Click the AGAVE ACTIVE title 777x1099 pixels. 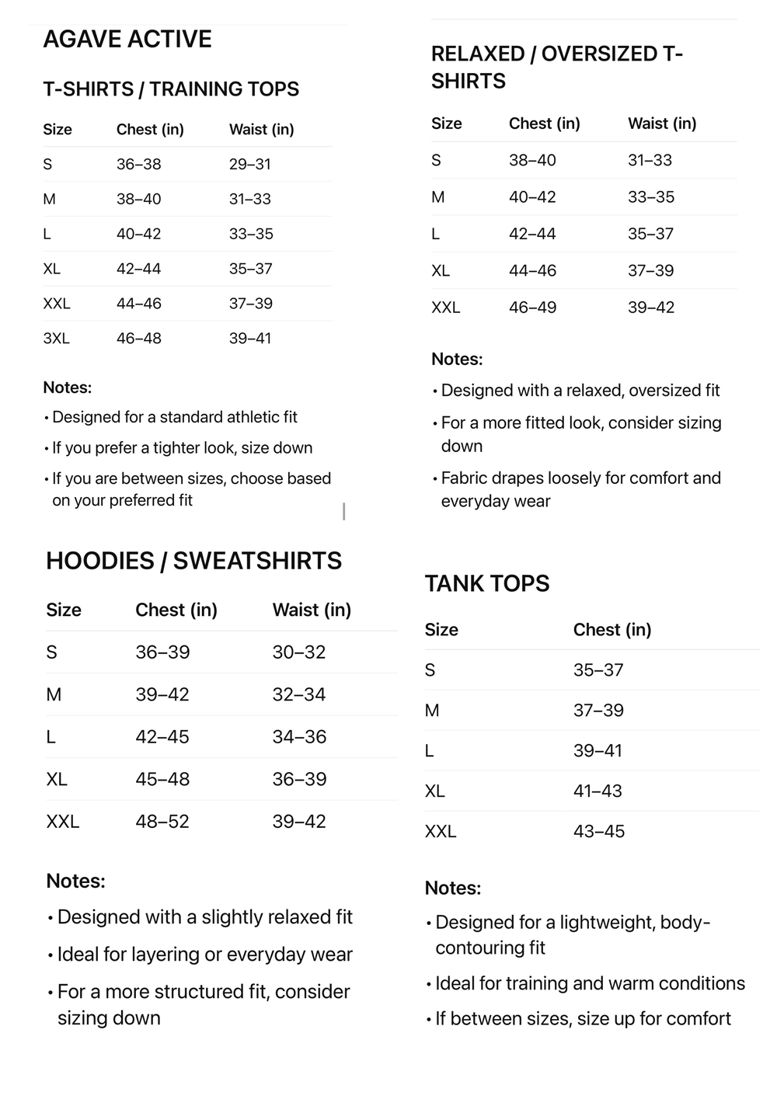[x=127, y=39]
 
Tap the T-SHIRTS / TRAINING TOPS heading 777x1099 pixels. [x=171, y=89]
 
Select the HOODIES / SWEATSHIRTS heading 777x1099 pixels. [x=193, y=561]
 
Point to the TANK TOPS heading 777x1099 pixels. [x=487, y=583]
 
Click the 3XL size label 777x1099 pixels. [x=56, y=339]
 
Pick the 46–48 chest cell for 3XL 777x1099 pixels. [x=139, y=339]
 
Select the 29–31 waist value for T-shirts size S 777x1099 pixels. [x=250, y=164]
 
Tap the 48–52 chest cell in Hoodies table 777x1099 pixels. [x=162, y=822]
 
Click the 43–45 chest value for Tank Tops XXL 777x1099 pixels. [x=599, y=832]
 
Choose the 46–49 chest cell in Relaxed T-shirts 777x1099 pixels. [x=533, y=308]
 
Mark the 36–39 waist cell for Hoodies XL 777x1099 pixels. [x=299, y=779]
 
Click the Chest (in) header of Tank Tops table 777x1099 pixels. [x=612, y=630]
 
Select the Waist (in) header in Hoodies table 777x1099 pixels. [x=312, y=610]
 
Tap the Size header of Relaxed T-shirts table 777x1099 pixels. [x=447, y=123]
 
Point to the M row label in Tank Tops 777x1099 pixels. [x=432, y=711]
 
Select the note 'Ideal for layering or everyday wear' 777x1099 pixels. [x=205, y=955]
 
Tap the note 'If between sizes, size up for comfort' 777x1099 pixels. [x=583, y=1019]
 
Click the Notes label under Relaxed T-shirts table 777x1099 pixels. [x=457, y=360]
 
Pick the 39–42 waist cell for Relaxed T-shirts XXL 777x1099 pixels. [x=651, y=308]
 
